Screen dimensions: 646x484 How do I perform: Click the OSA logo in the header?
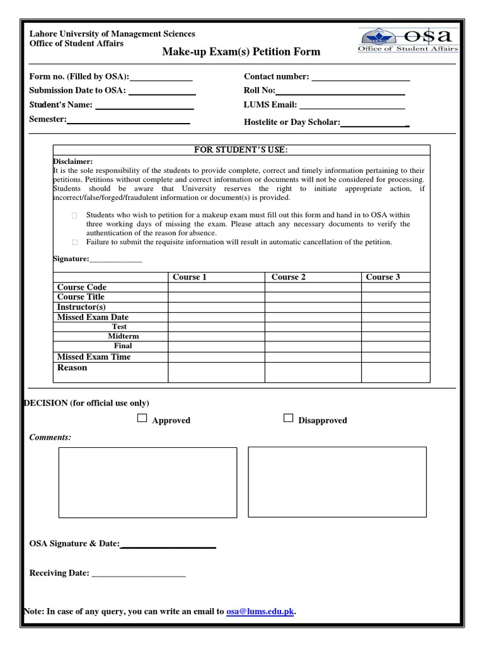click(x=408, y=40)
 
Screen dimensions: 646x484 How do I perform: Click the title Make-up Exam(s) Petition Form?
click(x=241, y=52)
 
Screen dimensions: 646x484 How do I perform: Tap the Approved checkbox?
click(x=142, y=418)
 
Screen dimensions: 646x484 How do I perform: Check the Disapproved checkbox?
click(x=289, y=418)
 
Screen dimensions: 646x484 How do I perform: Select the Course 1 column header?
click(x=190, y=277)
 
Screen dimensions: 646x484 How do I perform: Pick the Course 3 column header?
click(x=383, y=277)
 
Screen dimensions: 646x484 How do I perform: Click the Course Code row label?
click(x=82, y=287)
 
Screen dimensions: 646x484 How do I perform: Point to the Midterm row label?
click(x=123, y=336)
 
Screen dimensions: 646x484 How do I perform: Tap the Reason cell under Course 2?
click(x=313, y=372)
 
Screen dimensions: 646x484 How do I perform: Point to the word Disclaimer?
click(x=72, y=161)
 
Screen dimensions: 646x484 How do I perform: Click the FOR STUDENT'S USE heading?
click(x=241, y=150)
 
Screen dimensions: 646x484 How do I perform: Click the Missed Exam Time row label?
click(x=94, y=356)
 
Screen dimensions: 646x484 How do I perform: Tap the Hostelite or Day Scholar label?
click(x=292, y=122)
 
